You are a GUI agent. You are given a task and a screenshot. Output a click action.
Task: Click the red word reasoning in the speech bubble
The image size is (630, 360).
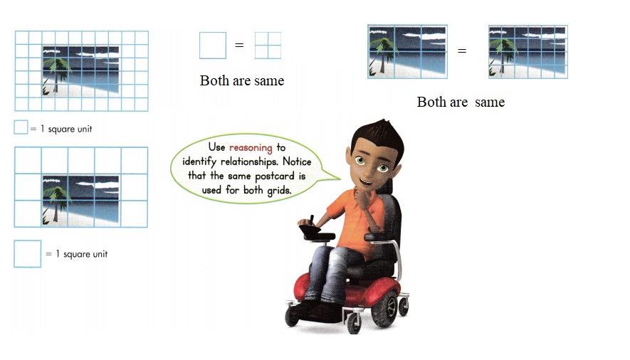tap(251, 147)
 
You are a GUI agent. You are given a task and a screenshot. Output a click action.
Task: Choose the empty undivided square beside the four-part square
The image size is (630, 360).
tap(212, 45)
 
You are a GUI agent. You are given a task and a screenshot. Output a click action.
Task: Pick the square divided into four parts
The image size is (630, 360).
tap(268, 45)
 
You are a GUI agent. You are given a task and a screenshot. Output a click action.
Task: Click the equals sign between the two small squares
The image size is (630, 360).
tap(239, 46)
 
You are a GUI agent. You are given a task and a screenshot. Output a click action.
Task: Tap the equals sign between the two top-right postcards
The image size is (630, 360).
tap(462, 51)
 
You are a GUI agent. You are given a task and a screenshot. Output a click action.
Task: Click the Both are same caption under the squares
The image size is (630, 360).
tap(242, 81)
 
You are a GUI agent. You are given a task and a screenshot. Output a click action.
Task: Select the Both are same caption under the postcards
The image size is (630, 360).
tap(461, 102)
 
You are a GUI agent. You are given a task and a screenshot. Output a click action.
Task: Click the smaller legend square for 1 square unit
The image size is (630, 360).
tap(21, 128)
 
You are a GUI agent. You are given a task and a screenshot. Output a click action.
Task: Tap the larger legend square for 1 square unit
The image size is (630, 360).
tap(27, 254)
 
